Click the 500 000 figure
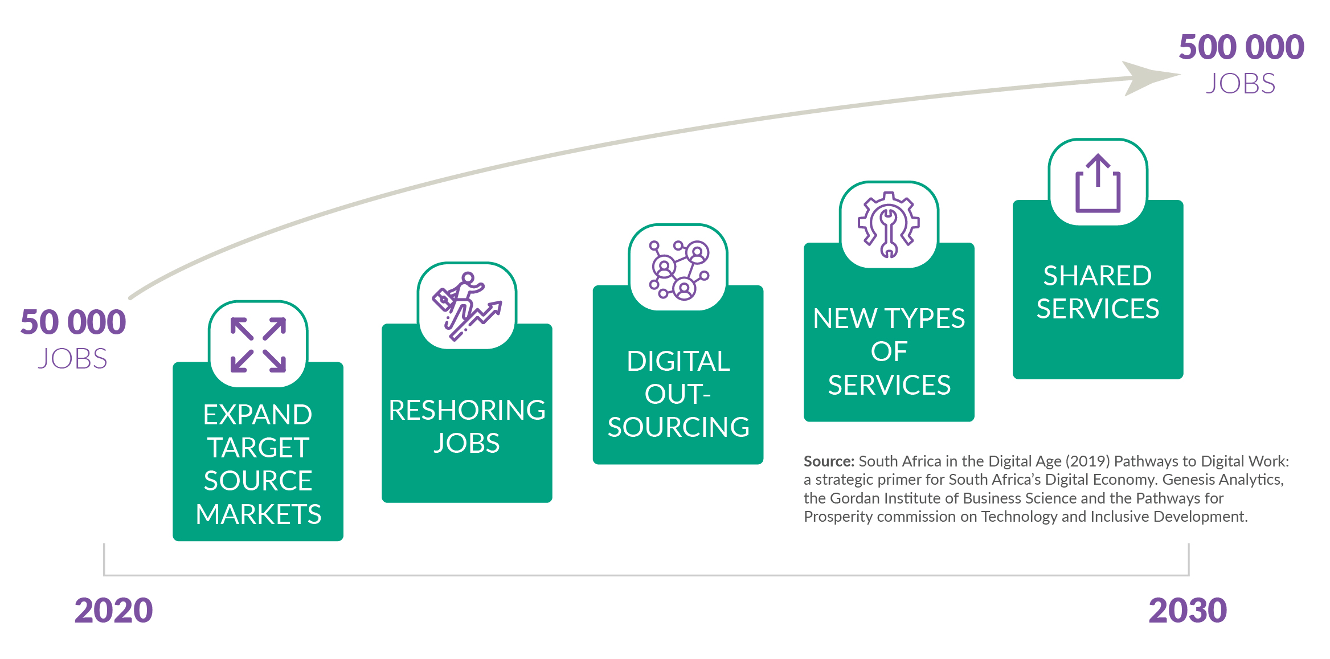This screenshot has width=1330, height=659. click(x=1241, y=47)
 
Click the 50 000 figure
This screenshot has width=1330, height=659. click(x=73, y=322)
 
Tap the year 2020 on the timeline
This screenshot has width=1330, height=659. click(x=114, y=610)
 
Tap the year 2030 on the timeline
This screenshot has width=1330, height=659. click(x=1188, y=610)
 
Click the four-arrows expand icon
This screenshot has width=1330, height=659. click(x=258, y=345)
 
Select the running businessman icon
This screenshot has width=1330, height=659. click(x=467, y=306)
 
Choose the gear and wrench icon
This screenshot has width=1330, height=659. click(x=889, y=224)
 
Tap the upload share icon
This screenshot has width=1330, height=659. click(x=1098, y=183)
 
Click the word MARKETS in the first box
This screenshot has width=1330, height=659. click(x=259, y=514)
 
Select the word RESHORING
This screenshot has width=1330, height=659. click(x=467, y=410)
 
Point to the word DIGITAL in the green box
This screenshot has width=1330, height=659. click(x=678, y=361)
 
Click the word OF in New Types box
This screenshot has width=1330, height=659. click(x=889, y=351)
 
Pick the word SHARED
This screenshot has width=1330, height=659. click(x=1098, y=276)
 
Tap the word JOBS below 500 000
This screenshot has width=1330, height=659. click(x=1241, y=84)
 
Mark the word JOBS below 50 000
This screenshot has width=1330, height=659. click(x=72, y=359)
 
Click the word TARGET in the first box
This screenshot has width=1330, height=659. click(x=258, y=448)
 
